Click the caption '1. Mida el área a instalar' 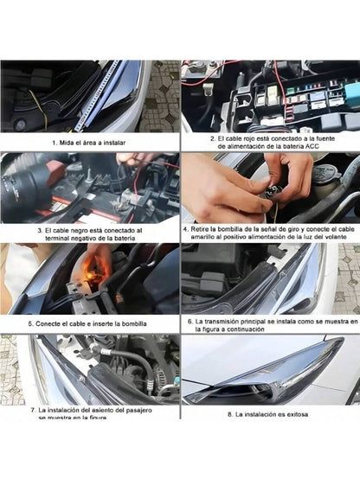[90, 140]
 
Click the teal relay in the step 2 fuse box [351, 91]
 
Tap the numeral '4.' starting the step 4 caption [186, 229]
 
